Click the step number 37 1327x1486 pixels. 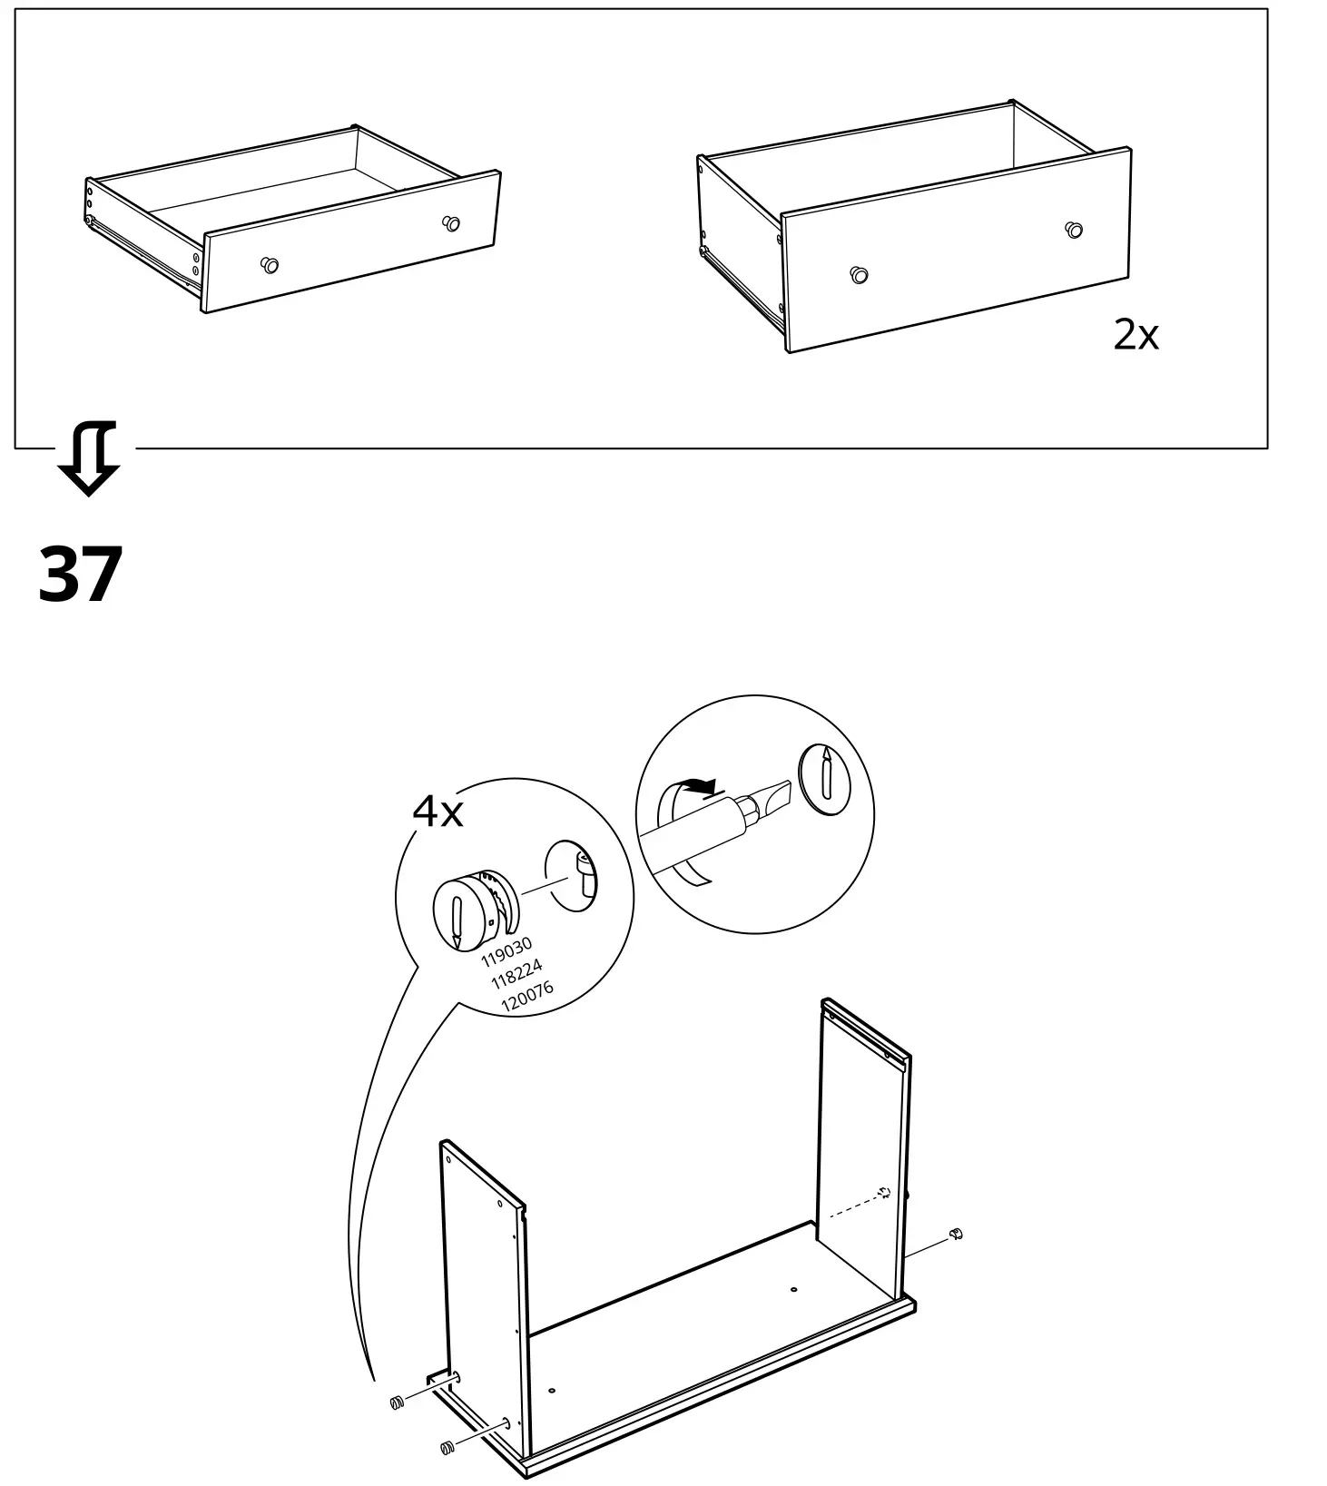(80, 574)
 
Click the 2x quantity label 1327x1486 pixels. (1135, 336)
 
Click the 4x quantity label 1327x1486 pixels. (437, 811)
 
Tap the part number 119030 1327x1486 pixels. (506, 952)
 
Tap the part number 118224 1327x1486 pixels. (516, 974)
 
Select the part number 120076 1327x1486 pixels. (526, 996)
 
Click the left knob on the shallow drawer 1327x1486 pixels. (269, 265)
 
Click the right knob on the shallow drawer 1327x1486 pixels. (450, 222)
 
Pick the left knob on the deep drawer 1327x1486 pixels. (859, 274)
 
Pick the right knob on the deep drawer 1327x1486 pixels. (1074, 229)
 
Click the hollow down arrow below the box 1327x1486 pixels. (88, 458)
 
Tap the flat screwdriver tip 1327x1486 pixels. (772, 796)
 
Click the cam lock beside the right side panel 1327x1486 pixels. (954, 1234)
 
